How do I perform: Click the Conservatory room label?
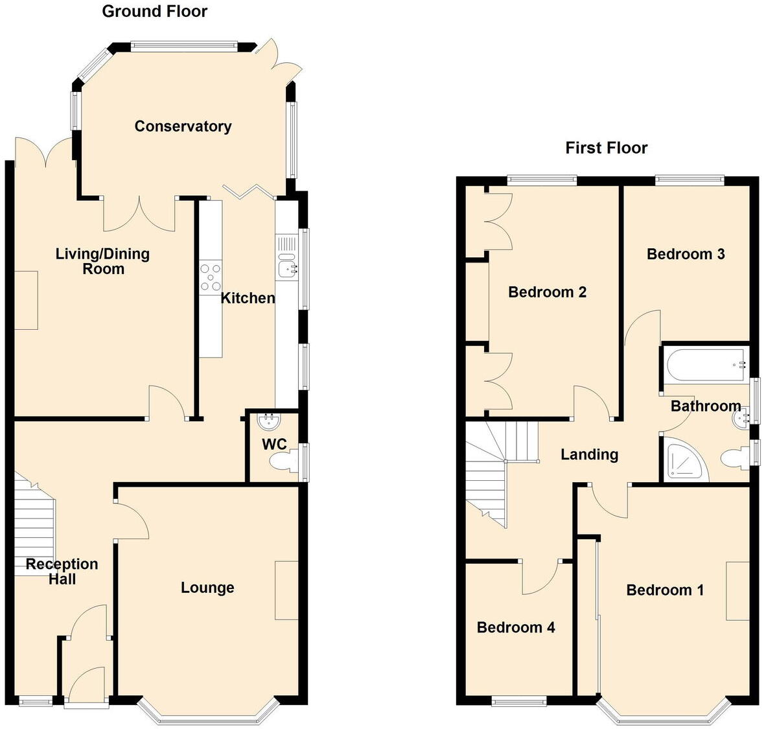(x=183, y=126)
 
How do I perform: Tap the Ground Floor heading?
(x=155, y=11)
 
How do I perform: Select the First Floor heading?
(x=606, y=148)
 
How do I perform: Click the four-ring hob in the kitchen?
(x=210, y=277)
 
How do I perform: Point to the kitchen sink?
(x=286, y=266)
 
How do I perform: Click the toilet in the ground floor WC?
(x=284, y=461)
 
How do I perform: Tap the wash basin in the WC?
(x=269, y=422)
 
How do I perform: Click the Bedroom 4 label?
(x=516, y=627)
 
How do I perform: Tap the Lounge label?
(x=207, y=588)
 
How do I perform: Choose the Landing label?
(x=589, y=454)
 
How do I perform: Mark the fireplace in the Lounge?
(x=286, y=590)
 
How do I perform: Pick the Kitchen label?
(x=248, y=298)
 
